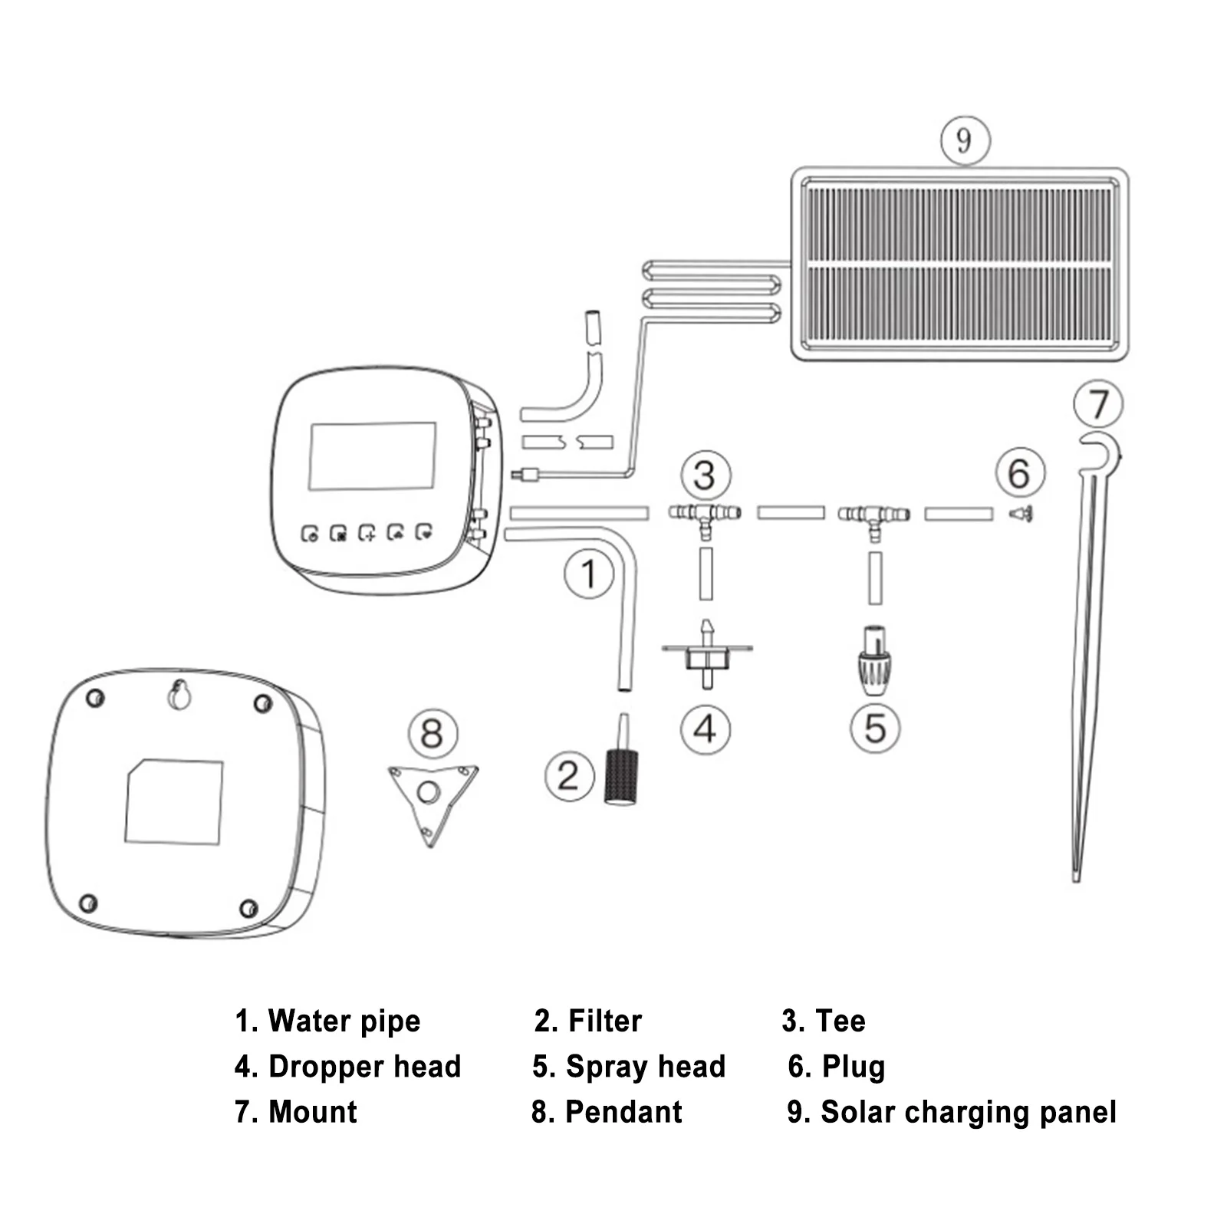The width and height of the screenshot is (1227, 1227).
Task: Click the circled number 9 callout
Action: [x=965, y=140]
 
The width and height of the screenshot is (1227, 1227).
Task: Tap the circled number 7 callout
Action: [x=1098, y=404]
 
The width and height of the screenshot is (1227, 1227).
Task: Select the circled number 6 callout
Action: [x=1020, y=473]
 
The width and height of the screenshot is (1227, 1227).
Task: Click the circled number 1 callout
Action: [x=589, y=574]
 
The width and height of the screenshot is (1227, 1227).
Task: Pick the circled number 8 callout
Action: [x=433, y=734]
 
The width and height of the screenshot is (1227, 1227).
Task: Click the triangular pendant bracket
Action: [x=432, y=798]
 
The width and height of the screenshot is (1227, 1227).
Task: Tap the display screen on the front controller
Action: [x=373, y=457]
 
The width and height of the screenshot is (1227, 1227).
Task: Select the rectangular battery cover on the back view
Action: [x=174, y=802]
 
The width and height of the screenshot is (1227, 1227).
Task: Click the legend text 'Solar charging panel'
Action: [x=969, y=1112]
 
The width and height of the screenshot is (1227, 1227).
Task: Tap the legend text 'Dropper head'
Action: [x=365, y=1067]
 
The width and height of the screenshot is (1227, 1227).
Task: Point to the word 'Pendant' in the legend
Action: [x=623, y=1112]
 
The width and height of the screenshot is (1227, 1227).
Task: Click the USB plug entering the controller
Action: [x=528, y=475]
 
